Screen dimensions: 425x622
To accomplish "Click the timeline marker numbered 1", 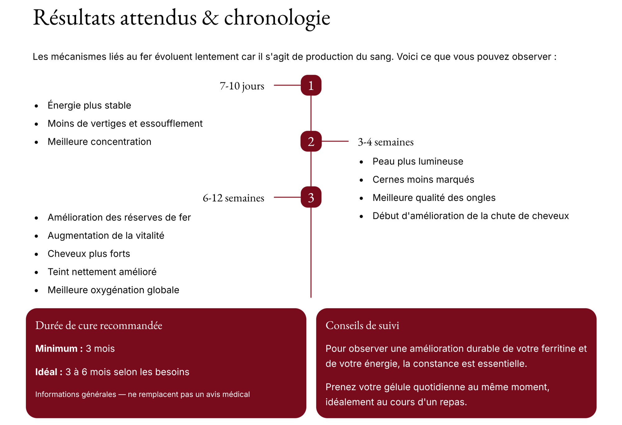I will click(x=311, y=85).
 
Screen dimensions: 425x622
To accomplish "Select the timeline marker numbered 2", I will click(x=311, y=142).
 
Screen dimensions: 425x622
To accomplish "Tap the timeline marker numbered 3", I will click(x=311, y=197).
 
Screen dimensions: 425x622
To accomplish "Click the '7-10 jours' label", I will click(x=242, y=86).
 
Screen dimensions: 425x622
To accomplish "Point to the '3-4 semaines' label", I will click(x=386, y=142).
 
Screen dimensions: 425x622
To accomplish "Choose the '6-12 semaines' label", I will click(x=233, y=198).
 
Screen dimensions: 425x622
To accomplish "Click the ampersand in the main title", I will click(x=210, y=18).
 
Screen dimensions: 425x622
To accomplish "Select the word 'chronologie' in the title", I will click(x=277, y=18).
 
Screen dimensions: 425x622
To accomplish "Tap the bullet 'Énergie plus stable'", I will click(x=89, y=105).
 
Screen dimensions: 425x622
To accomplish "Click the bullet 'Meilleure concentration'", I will click(x=99, y=142).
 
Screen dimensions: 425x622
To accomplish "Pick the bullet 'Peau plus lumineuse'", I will click(x=418, y=161).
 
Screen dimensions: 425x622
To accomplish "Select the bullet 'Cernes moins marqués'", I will click(x=423, y=180).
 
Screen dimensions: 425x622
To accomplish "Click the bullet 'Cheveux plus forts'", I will click(x=89, y=254).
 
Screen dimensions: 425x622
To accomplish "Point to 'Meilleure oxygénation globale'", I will click(x=113, y=290).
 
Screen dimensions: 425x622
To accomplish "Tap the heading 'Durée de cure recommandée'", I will click(x=99, y=325).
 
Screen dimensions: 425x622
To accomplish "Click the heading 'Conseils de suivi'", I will click(x=362, y=325).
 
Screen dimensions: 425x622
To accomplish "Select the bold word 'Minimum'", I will click(x=56, y=348).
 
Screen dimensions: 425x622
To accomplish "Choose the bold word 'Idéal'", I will click(x=46, y=372).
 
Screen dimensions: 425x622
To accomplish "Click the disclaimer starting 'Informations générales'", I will click(x=142, y=395).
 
